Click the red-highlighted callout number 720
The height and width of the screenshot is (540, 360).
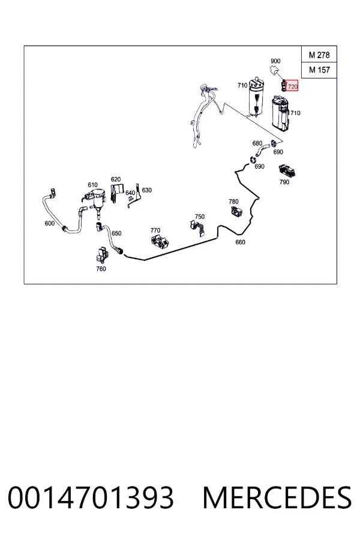click(292, 86)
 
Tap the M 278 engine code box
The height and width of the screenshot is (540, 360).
click(319, 55)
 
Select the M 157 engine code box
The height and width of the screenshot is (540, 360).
click(319, 70)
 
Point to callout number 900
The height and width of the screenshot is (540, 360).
click(275, 61)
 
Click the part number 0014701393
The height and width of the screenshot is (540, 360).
click(91, 497)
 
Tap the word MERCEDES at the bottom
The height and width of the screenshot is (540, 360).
click(277, 497)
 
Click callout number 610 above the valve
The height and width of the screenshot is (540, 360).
click(92, 185)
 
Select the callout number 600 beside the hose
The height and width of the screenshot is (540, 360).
click(50, 223)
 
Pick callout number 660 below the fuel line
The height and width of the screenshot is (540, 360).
click(240, 242)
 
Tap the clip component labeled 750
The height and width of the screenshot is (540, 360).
click(198, 228)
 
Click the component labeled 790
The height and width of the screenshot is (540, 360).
click(287, 170)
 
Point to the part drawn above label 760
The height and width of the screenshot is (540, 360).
click(103, 255)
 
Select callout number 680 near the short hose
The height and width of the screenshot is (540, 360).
click(257, 143)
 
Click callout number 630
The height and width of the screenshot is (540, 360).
click(146, 190)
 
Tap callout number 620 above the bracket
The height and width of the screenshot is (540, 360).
click(115, 179)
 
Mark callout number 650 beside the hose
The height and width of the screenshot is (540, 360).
click(116, 233)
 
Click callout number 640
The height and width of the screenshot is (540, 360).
click(130, 193)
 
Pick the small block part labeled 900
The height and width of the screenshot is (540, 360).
click(275, 70)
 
